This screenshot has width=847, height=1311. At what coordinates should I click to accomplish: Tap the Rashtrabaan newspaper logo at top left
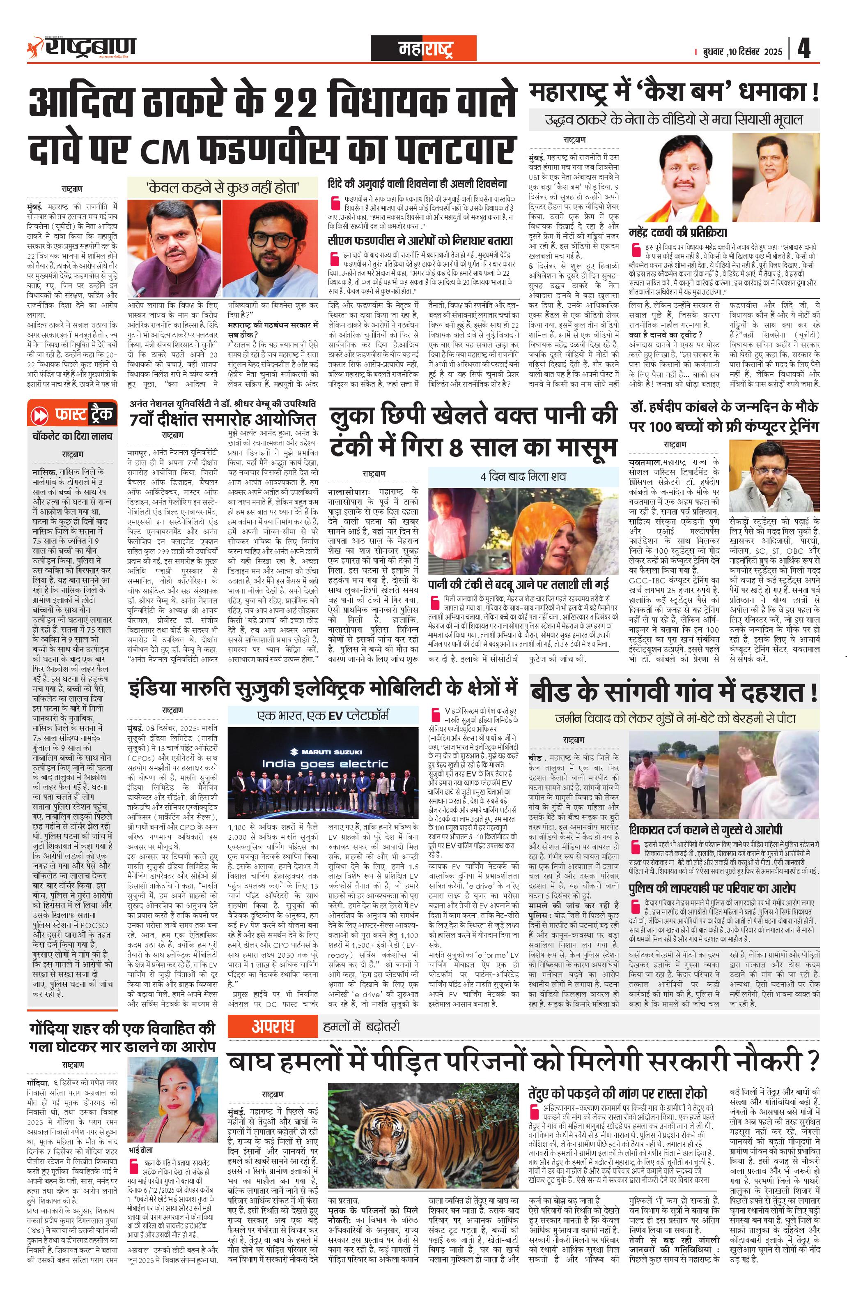point(83,47)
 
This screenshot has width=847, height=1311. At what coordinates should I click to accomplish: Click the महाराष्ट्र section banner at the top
point(424,48)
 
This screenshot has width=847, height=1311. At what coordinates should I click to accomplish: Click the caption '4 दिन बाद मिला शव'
point(523,476)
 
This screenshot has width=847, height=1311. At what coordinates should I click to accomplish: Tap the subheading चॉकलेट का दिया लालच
point(72,436)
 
